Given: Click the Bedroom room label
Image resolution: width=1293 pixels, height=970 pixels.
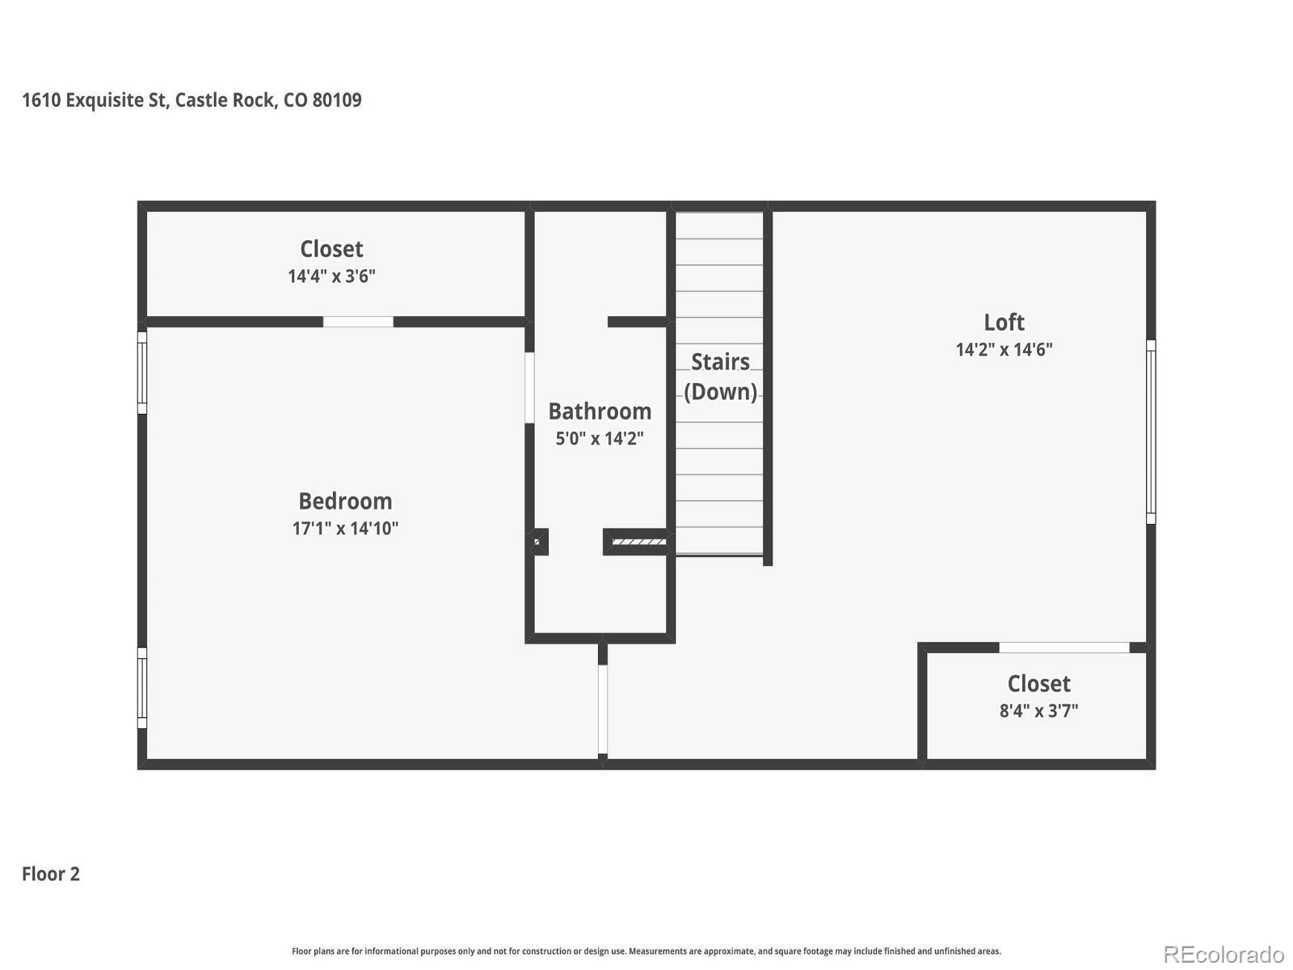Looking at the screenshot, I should point(345,501).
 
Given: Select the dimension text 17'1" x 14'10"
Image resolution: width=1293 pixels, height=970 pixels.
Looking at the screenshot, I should point(345,529).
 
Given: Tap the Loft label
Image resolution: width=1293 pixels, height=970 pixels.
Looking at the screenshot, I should point(1004,323).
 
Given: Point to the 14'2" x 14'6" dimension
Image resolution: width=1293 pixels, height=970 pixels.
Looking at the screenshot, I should point(1004,350).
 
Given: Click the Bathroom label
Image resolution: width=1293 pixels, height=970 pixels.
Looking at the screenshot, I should point(600,411).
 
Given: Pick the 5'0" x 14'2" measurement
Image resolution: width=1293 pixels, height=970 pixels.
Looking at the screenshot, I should point(600,439).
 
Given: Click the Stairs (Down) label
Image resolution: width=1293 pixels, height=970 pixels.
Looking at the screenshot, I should point(720,377).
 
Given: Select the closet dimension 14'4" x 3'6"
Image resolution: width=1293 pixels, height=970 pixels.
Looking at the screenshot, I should point(331,276).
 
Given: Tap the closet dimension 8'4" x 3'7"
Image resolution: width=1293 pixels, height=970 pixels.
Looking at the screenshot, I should point(1038,711).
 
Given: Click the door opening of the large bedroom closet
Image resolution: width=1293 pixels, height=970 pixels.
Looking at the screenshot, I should point(358,322).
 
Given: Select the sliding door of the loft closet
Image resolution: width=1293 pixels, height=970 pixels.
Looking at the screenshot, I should point(1063,647).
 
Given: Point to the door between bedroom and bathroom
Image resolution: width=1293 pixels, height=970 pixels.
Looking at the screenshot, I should point(529,387).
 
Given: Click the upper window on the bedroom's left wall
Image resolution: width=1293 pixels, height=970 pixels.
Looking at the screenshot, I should point(142,373).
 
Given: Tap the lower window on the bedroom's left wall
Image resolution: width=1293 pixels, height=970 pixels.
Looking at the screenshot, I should point(142,688).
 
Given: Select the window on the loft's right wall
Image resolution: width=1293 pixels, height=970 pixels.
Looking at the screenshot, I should point(1151,432).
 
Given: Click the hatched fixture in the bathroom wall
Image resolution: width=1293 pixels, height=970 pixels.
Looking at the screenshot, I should point(638,542).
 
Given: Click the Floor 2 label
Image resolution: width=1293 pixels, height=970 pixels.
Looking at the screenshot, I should point(51,874).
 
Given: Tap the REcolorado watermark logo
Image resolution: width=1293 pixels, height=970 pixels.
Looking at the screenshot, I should point(1223,955).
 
